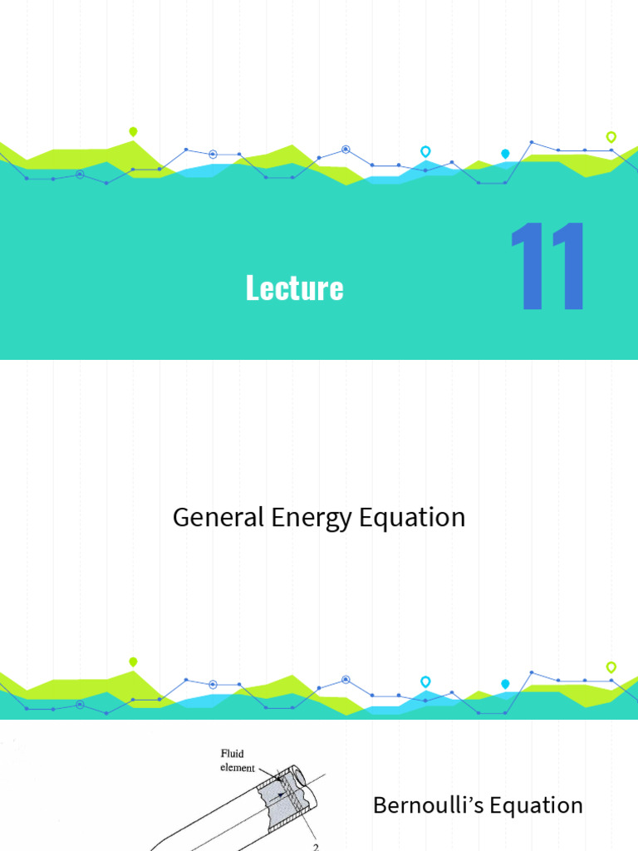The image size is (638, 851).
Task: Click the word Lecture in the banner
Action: pyautogui.click(x=294, y=288)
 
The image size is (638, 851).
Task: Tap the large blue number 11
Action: pyautogui.click(x=548, y=267)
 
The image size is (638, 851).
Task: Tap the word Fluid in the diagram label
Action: pyautogui.click(x=232, y=755)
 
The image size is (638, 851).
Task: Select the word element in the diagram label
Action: pyautogui.click(x=238, y=768)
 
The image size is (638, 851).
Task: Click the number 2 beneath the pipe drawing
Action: pyautogui.click(x=316, y=847)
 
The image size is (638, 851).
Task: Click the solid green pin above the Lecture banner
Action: pyautogui.click(x=133, y=131)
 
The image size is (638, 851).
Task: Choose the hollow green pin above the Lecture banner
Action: pyautogui.click(x=611, y=136)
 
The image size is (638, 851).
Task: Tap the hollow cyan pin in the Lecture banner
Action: pyautogui.click(x=425, y=151)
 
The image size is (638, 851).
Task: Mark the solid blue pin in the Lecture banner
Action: pyautogui.click(x=505, y=154)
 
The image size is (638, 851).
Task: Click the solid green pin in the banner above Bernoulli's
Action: pyautogui.click(x=133, y=662)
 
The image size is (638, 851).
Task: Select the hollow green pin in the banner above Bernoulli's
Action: pyautogui.click(x=611, y=667)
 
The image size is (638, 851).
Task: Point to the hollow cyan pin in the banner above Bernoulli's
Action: pyautogui.click(x=425, y=681)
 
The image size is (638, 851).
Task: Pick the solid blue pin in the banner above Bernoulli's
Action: pyautogui.click(x=505, y=684)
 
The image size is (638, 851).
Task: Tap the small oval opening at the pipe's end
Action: pyautogui.click(x=300, y=778)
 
